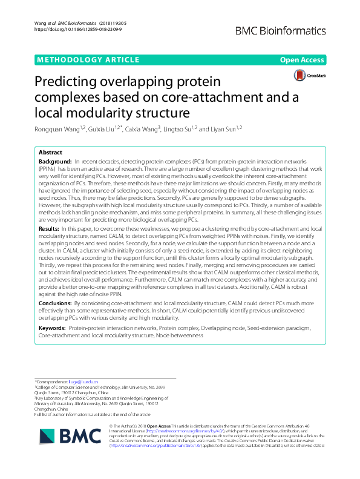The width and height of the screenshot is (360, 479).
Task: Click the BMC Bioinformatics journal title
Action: tap(295, 29)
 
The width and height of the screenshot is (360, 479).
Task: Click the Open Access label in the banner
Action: tap(304, 60)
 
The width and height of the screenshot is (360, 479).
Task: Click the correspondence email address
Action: tap(91, 382)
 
